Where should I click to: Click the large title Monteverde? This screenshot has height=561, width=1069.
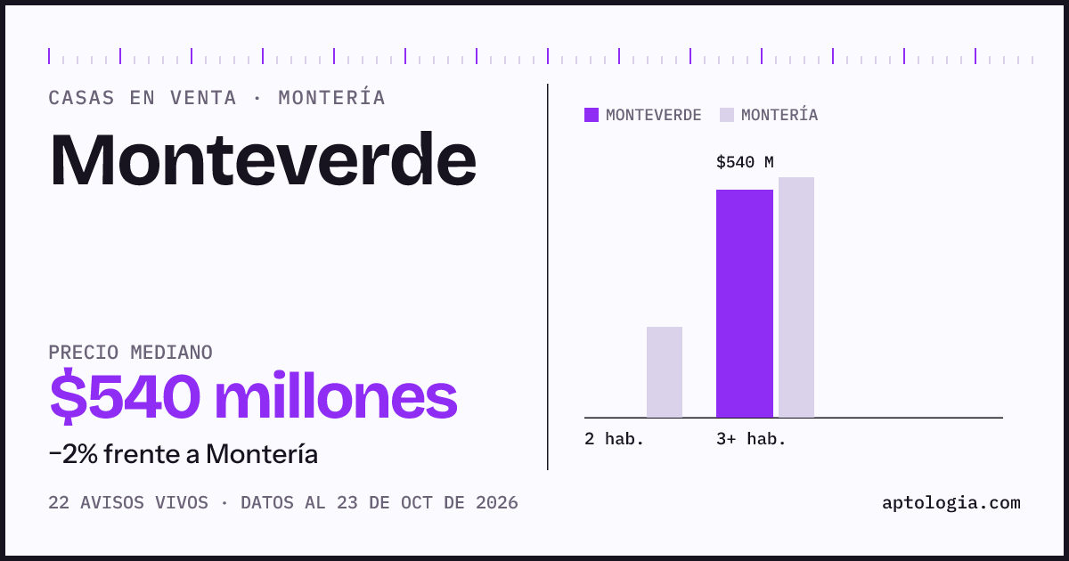click(263, 159)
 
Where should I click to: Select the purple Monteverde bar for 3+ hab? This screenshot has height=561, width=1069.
click(745, 304)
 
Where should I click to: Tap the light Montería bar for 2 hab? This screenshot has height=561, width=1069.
click(665, 372)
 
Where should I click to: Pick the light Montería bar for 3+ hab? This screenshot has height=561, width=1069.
click(796, 297)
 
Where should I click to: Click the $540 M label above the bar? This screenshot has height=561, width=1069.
click(745, 162)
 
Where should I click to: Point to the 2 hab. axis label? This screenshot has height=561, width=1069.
click(614, 439)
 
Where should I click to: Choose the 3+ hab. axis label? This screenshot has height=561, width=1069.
click(751, 439)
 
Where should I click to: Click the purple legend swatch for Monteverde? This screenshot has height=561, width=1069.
click(592, 115)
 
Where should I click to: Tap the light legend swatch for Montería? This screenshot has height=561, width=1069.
click(727, 115)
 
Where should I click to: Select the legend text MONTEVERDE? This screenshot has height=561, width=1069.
click(654, 115)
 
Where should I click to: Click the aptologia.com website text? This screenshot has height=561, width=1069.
click(951, 503)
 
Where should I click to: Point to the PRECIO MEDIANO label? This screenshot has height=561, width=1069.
click(130, 353)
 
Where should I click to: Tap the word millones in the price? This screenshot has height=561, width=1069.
click(336, 396)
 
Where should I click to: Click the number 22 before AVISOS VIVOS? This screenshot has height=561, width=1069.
click(59, 503)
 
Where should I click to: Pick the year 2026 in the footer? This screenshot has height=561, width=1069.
click(497, 503)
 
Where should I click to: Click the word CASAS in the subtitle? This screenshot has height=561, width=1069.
click(82, 98)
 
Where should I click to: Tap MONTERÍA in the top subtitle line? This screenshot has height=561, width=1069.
click(331, 97)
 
